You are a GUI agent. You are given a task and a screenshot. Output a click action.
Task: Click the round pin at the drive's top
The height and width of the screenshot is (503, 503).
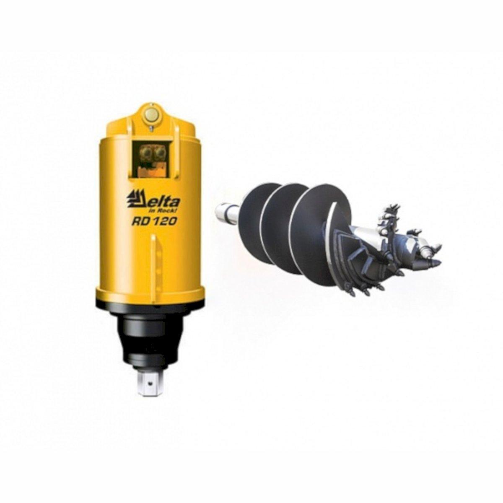pyautogui.click(x=150, y=115)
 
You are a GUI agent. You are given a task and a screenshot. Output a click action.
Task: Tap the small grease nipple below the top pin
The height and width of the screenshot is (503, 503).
pyautogui.click(x=151, y=128)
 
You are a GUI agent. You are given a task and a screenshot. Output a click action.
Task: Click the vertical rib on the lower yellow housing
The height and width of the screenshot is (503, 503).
pyautogui.click(x=154, y=261)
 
